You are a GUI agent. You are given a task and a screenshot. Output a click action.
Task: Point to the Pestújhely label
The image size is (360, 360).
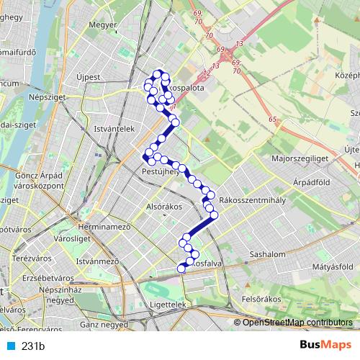160,171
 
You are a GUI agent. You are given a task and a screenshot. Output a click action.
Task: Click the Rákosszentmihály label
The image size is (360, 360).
252,199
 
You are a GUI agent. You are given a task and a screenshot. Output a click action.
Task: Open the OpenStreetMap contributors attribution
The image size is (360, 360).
297,322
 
